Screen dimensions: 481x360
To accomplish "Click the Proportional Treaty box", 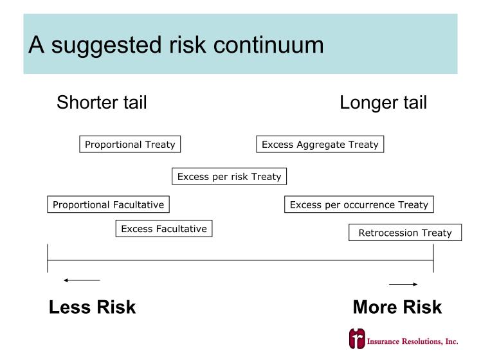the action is coord(130,144).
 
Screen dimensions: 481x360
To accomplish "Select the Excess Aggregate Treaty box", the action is coord(320,144).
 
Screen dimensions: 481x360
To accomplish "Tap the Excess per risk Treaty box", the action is coord(229,176).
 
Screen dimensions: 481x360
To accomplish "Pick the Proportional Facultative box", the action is coord(108,204).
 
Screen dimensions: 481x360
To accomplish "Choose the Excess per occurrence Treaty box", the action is coord(359,204).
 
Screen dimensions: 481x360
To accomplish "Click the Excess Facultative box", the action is coord(164,228).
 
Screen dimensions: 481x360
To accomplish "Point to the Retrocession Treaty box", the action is coord(405,233).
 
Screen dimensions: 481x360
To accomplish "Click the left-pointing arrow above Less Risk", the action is coord(82,280).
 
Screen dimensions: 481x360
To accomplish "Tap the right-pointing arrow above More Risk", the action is coord(403,284).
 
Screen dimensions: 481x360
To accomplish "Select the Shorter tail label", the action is coord(102,102).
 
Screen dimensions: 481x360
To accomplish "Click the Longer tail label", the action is coord(383,103).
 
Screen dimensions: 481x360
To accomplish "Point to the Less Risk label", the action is coord(93,307).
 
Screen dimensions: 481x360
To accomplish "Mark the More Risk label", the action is coord(397,307).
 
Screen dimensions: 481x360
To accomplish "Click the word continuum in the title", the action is coord(268,45).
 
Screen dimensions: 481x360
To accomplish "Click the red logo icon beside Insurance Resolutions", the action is coord(357,339).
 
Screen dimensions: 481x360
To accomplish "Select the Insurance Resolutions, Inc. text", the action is coord(413,341).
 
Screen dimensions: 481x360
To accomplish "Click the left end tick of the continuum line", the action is coord(48,258).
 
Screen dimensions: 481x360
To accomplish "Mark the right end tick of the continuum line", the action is coord(433,258).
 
